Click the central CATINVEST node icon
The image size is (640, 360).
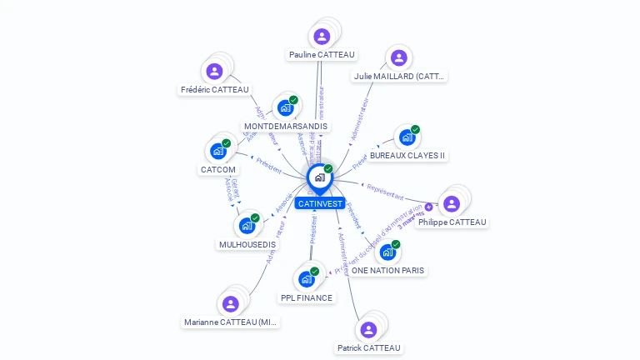coord(319,177)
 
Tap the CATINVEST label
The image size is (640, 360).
coord(319,203)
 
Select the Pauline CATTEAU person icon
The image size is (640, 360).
coord(322,37)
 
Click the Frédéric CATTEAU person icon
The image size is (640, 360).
coord(214,72)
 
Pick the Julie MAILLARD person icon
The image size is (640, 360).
coord(398,57)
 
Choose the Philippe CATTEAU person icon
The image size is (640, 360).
coord(452,203)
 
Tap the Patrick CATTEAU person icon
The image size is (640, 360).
coord(368,329)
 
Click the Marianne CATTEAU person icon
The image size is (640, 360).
coord(231,303)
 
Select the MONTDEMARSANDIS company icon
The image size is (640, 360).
coord(285,107)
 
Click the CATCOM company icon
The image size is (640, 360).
coord(217,151)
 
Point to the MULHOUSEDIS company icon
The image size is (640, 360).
coord(247,225)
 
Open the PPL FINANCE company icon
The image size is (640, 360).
coord(306,278)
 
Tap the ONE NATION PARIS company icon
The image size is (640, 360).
coord(387,252)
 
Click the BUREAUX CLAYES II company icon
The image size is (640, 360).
coord(407,137)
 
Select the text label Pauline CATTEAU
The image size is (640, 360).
coord(322,55)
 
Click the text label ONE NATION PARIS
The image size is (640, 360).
coord(387,271)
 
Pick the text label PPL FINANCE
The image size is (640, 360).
coord(307,297)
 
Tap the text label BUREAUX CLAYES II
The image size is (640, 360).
coord(407,156)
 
